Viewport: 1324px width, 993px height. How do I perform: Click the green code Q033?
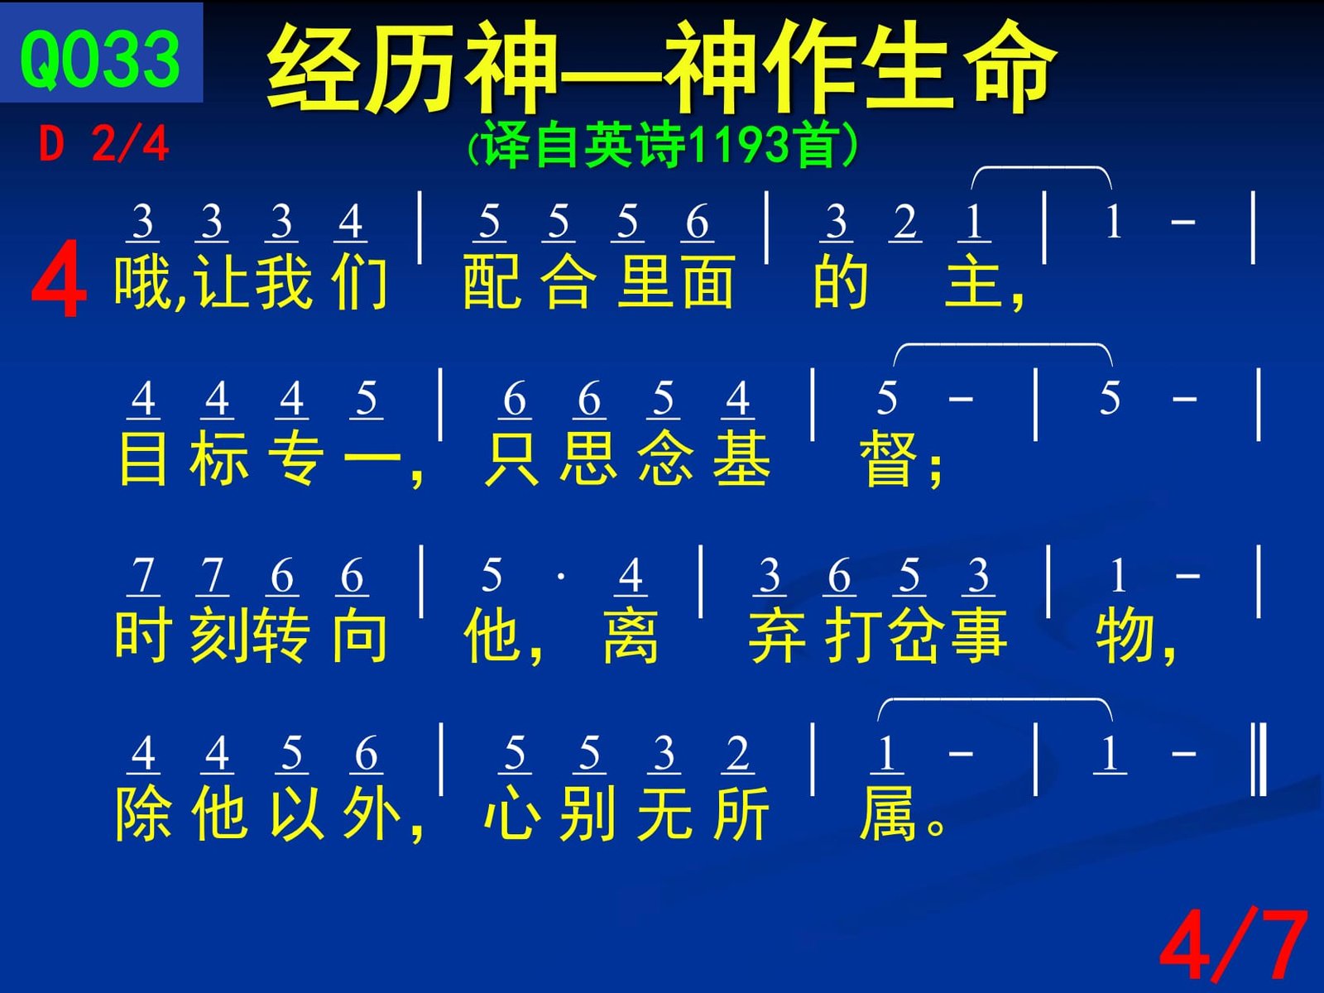100,60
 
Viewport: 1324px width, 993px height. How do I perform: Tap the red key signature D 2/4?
103,144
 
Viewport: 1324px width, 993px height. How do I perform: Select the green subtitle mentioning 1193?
662,145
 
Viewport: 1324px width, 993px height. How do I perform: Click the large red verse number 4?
59,278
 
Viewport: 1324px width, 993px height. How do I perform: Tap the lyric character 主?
973,281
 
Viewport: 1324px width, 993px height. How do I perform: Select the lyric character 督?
887,458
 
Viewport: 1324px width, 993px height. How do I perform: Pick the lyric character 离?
631,636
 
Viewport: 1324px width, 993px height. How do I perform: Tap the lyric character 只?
513,458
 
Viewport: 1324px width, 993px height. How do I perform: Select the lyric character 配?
492,281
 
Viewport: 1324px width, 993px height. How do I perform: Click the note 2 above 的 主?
904,222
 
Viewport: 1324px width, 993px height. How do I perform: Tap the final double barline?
1259,759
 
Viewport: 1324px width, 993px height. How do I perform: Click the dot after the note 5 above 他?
561,577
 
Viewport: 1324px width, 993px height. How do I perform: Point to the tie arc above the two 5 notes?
1002,345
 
